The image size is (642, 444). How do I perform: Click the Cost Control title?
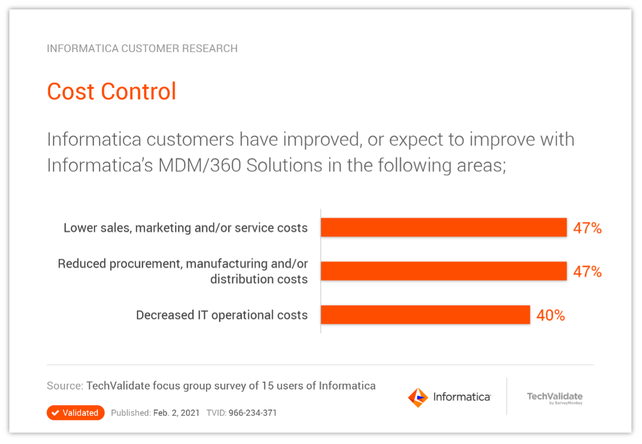pyautogui.click(x=112, y=91)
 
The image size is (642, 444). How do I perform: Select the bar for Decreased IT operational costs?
pyautogui.click(x=425, y=315)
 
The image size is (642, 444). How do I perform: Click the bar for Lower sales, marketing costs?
pyautogui.click(x=443, y=227)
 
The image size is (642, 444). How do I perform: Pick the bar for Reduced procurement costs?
pyautogui.click(x=443, y=271)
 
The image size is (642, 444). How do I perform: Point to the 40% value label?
pyautogui.click(x=550, y=315)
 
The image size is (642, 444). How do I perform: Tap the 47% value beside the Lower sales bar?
pyautogui.click(x=587, y=228)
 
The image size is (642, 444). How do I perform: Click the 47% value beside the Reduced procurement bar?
pyautogui.click(x=587, y=272)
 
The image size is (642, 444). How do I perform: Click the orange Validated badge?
pyautogui.click(x=75, y=413)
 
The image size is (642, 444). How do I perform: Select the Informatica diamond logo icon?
pyautogui.click(x=418, y=397)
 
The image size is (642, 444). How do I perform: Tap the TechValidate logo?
pyautogui.click(x=555, y=398)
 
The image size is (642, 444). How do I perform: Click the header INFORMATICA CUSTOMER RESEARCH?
pyautogui.click(x=142, y=49)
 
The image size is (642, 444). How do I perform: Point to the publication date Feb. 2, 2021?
pyautogui.click(x=176, y=413)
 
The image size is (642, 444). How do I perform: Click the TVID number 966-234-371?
pyautogui.click(x=253, y=413)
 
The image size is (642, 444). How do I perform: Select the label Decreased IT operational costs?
pyautogui.click(x=222, y=315)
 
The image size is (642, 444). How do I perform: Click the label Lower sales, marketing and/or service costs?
pyautogui.click(x=185, y=228)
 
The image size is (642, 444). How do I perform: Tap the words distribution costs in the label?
pyautogui.click(x=259, y=279)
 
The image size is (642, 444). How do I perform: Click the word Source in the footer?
pyautogui.click(x=64, y=386)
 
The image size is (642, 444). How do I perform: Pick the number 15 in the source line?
pyautogui.click(x=267, y=386)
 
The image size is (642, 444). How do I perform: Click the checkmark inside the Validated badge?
pyautogui.click(x=56, y=413)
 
